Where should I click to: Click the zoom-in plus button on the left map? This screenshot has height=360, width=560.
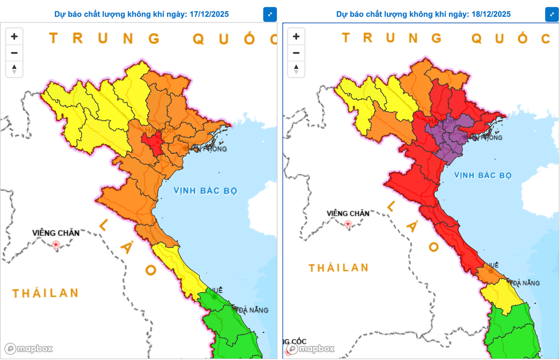(x=14, y=37)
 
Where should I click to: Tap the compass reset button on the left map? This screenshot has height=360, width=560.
(x=14, y=69)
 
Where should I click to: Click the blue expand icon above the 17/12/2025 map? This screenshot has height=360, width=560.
(x=270, y=15)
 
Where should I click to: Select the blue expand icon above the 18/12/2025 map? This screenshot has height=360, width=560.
(x=552, y=15)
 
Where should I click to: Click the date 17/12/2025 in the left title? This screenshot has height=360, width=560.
(x=209, y=15)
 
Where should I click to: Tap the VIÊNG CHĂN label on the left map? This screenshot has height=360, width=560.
(x=56, y=233)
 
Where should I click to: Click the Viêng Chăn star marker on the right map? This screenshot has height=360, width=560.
(x=348, y=224)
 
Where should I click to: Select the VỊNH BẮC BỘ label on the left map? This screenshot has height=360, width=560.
(x=205, y=191)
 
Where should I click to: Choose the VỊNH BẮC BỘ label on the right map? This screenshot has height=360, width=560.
(x=483, y=175)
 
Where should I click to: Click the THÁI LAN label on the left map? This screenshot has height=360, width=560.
(x=45, y=293)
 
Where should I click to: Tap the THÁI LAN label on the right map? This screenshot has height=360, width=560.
(x=338, y=268)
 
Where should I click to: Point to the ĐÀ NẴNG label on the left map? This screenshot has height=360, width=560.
(x=253, y=310)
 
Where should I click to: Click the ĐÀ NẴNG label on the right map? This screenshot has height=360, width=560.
(x=526, y=283)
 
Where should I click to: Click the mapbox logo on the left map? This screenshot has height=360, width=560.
(x=29, y=349)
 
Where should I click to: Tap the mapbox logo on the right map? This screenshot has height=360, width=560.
(x=311, y=349)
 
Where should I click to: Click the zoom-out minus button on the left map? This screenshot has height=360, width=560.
(x=14, y=53)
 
